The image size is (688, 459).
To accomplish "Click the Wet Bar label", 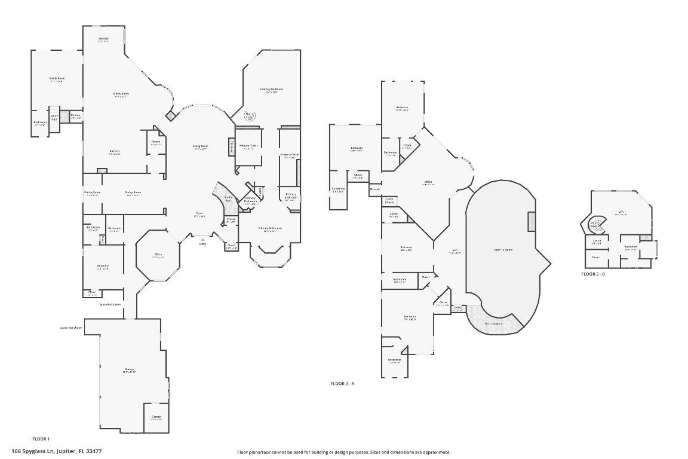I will click(103, 40).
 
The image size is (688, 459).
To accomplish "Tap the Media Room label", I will click(56, 79).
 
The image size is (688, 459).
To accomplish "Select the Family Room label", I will click(121, 94).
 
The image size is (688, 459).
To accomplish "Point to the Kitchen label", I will click(115, 152).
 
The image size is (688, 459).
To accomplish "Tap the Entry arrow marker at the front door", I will click(202, 240).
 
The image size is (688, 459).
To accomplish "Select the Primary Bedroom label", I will click(271, 90).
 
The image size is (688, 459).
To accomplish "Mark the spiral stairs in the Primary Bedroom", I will click(250, 116).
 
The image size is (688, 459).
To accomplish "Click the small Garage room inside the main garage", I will click(156, 417).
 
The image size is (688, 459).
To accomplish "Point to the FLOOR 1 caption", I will click(41, 439).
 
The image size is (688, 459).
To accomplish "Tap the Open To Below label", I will click(503, 249).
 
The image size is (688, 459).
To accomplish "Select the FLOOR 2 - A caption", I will click(342, 384).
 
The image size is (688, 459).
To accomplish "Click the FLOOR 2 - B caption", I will click(593, 274).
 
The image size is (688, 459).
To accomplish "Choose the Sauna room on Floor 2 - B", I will click(596, 242).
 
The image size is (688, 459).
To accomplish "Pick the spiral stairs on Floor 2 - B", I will click(595, 225).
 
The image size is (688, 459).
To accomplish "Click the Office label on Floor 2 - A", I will click(428, 182).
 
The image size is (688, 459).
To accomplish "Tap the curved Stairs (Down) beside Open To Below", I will click(493, 323).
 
